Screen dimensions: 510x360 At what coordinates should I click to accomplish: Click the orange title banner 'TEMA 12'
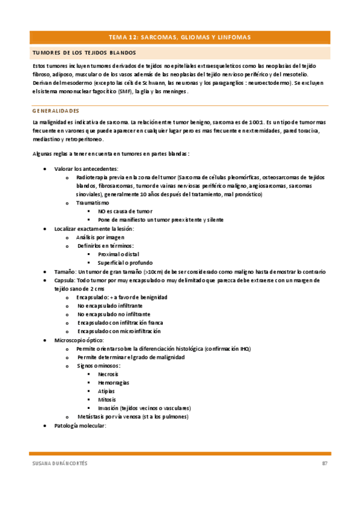180,37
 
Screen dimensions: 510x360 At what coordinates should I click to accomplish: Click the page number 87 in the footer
324,463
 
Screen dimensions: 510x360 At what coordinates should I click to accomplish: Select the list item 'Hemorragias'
113,382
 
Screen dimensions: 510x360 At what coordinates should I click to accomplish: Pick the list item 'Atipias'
106,391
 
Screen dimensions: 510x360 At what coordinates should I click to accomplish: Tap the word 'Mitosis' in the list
107,399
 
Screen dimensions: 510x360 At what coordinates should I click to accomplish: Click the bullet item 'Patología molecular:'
80,425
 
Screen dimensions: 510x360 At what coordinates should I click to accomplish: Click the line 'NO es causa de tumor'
125,212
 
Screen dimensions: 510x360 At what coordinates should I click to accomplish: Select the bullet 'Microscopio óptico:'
79,340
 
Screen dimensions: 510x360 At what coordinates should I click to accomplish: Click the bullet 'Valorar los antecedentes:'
86,169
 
